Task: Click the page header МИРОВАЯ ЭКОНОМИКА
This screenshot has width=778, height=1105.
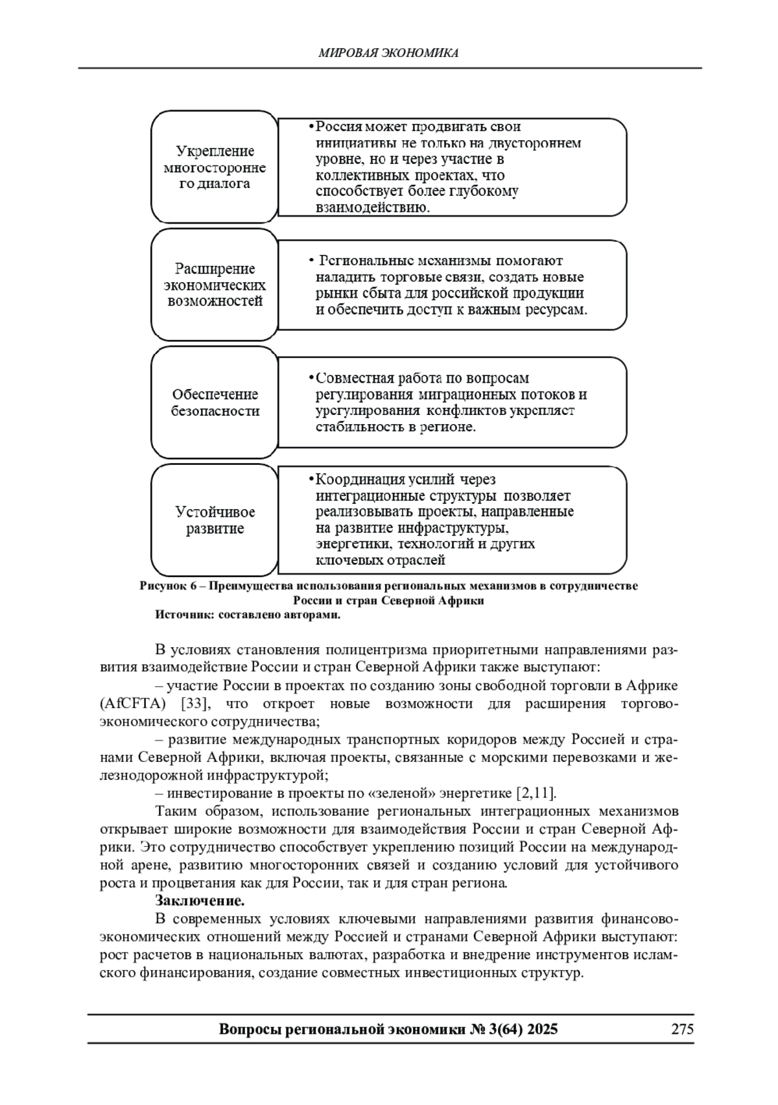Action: (x=388, y=53)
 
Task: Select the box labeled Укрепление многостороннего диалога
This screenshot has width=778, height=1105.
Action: (x=215, y=167)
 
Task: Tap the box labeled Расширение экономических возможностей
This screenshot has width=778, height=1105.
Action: (x=215, y=285)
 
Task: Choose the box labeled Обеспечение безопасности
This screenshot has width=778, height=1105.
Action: (x=215, y=403)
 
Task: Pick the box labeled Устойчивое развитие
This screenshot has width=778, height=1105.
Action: (x=215, y=520)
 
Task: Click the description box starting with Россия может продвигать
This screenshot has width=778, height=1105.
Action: (x=452, y=167)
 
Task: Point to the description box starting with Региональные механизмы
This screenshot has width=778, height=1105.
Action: (x=452, y=285)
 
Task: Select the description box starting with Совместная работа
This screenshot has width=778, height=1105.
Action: (x=452, y=403)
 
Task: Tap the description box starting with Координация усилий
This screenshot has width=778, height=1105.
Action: (x=452, y=520)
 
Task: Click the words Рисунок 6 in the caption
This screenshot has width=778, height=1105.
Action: (x=167, y=586)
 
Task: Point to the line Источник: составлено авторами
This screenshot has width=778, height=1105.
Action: (x=247, y=615)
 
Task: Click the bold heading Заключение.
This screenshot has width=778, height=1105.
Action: (x=200, y=901)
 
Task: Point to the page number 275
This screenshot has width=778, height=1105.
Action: (x=682, y=1029)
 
